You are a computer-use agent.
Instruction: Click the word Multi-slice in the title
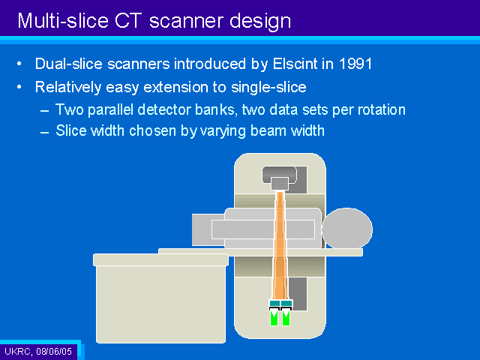coord(63,21)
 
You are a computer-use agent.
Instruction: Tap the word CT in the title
coord(128,21)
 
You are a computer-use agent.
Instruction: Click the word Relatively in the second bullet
coord(68,87)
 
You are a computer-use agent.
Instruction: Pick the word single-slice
coord(268,87)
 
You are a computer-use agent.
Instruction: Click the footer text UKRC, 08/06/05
coord(38,351)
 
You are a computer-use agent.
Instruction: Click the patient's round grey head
coord(347,228)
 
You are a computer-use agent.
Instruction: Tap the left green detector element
coord(274,317)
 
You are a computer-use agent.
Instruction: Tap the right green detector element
coord(286,317)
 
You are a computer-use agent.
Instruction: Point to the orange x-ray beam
coord(280,245)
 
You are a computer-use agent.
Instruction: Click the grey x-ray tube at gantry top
coord(280,178)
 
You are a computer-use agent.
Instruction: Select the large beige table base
coord(160,298)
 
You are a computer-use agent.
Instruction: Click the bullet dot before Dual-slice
coord(19,64)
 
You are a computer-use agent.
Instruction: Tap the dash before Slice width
coord(45,132)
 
